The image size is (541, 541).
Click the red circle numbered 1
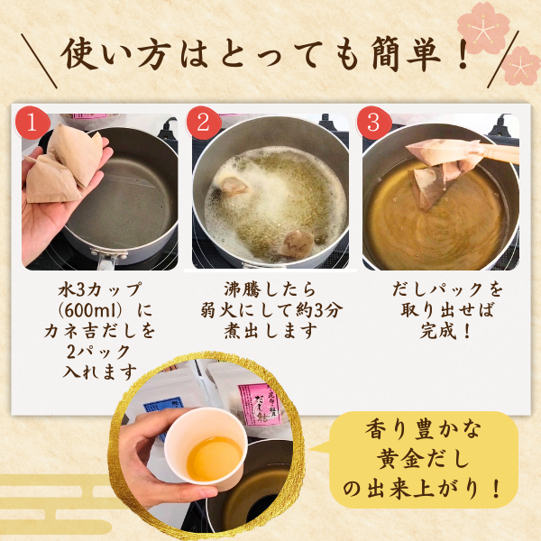pos(32,123)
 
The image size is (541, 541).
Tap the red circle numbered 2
pos(204,123)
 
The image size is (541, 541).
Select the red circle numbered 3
pos(374,123)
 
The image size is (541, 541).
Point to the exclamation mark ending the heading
pos(460,54)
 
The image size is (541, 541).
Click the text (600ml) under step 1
pos(100,311)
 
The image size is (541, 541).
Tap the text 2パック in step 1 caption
pos(98,352)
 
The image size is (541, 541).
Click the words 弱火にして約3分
pos(271,310)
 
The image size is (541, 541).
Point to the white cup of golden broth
pos(206,445)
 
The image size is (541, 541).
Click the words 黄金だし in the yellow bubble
pos(424,459)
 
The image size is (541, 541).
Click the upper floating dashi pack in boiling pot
pos(231,187)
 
